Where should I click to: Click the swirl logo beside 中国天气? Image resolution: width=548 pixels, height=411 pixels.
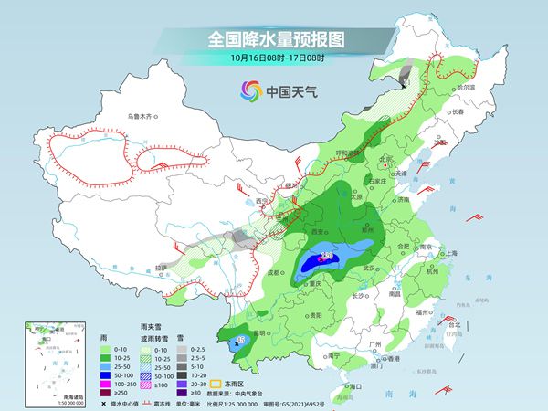249,90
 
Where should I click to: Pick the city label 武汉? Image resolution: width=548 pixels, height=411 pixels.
369,269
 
